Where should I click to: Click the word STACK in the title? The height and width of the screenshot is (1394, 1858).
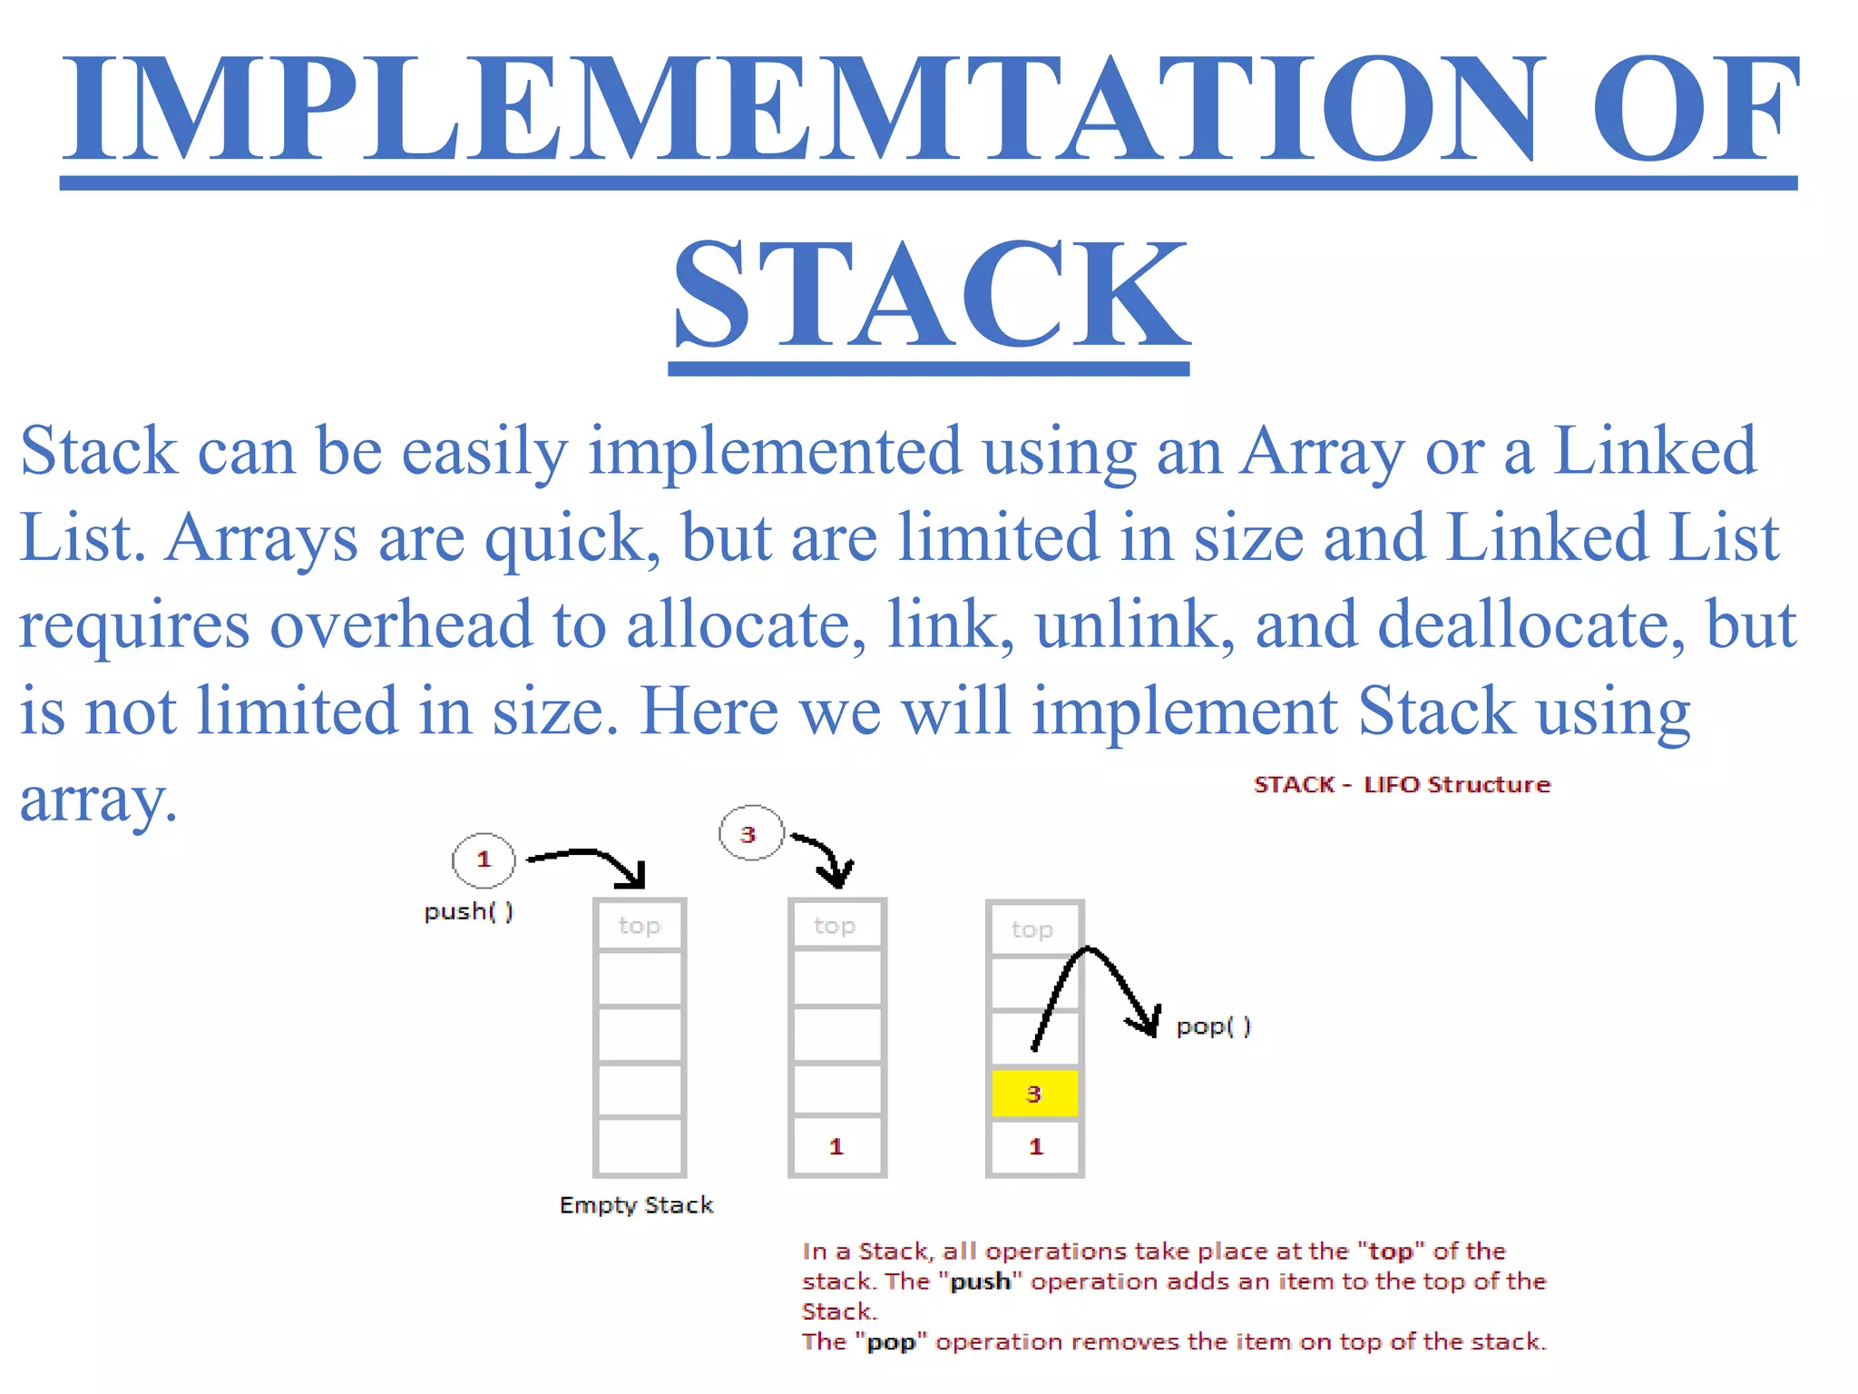pyautogui.click(x=930, y=295)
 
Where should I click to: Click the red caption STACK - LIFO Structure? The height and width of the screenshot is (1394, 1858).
pyautogui.click(x=1402, y=785)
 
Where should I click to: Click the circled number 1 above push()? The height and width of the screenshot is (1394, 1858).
pyautogui.click(x=484, y=859)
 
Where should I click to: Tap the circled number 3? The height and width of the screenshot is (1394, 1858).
pyautogui.click(x=749, y=834)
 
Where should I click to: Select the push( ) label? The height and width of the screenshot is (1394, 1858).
pyautogui.click(x=468, y=911)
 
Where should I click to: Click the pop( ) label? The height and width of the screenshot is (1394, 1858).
pyautogui.click(x=1213, y=1026)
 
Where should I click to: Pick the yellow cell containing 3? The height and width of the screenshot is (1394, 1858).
pyautogui.click(x=1034, y=1094)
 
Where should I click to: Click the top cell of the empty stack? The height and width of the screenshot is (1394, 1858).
pyautogui.click(x=640, y=926)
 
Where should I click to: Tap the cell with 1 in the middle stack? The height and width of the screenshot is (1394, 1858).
pyautogui.click(x=836, y=1146)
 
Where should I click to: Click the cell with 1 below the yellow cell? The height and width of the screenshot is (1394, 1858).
pyautogui.click(x=1035, y=1147)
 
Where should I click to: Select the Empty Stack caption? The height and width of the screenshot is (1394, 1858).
pyautogui.click(x=636, y=1205)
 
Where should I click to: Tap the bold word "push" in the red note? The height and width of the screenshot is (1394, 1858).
pyautogui.click(x=980, y=1281)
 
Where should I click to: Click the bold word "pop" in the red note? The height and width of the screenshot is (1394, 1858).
pyautogui.click(x=891, y=1342)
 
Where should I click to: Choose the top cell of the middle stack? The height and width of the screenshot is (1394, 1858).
pyautogui.click(x=836, y=926)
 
